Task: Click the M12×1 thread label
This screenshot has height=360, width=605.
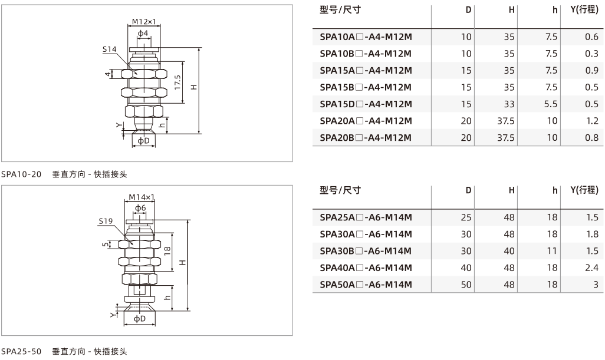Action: [x=144, y=22]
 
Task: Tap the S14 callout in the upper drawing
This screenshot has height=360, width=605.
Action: [x=109, y=49]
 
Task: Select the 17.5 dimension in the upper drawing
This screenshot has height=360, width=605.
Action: [x=177, y=82]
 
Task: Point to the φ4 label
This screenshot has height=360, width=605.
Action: [x=143, y=33]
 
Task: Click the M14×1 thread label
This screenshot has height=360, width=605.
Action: [x=142, y=197]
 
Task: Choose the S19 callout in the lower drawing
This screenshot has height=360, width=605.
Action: [x=106, y=221]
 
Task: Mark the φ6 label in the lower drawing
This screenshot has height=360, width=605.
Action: [x=140, y=208]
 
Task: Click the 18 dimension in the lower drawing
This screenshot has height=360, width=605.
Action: [x=167, y=251]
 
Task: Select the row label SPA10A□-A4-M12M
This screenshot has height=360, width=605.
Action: [x=366, y=37]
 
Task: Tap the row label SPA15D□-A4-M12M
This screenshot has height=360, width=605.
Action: [x=366, y=104]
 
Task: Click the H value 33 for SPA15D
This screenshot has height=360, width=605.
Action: [x=509, y=104]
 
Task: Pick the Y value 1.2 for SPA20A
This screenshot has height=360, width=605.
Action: [x=592, y=121]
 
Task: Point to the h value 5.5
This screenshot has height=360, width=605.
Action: [x=551, y=104]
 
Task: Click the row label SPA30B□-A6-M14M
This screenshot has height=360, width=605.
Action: [x=366, y=251]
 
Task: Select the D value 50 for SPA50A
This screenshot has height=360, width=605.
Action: [x=466, y=285]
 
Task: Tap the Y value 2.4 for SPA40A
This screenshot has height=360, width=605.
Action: [x=592, y=267]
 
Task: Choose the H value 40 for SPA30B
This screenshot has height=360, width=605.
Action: [x=509, y=251]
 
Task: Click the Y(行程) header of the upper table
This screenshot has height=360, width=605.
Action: [x=584, y=9]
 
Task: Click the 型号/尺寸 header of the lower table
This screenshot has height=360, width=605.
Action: [x=340, y=190]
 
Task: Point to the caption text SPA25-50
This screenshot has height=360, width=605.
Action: [x=21, y=351]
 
